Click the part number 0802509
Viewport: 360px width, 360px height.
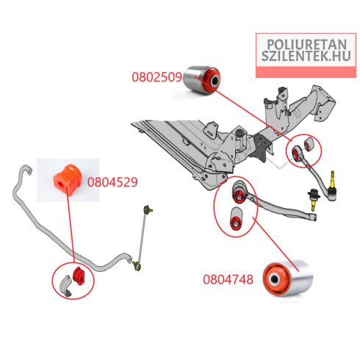(x=156, y=77)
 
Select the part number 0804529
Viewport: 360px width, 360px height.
(x=112, y=182)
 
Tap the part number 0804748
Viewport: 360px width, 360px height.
(x=228, y=279)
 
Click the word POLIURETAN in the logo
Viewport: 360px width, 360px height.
(x=306, y=45)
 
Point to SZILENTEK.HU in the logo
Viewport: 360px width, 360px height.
(x=306, y=56)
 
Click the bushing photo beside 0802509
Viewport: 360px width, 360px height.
(x=201, y=80)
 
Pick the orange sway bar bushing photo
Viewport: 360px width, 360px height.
(x=68, y=179)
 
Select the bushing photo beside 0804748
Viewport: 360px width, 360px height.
(x=288, y=278)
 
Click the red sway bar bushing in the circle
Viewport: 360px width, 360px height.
(x=79, y=276)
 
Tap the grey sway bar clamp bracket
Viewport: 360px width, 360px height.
(x=66, y=286)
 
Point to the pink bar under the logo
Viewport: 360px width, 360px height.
(x=306, y=72)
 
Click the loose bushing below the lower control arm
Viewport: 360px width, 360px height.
(x=236, y=219)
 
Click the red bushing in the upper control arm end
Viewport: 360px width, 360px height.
(x=296, y=154)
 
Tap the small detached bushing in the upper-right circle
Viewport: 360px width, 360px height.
(x=309, y=144)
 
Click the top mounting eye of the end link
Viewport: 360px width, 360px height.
(x=148, y=209)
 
